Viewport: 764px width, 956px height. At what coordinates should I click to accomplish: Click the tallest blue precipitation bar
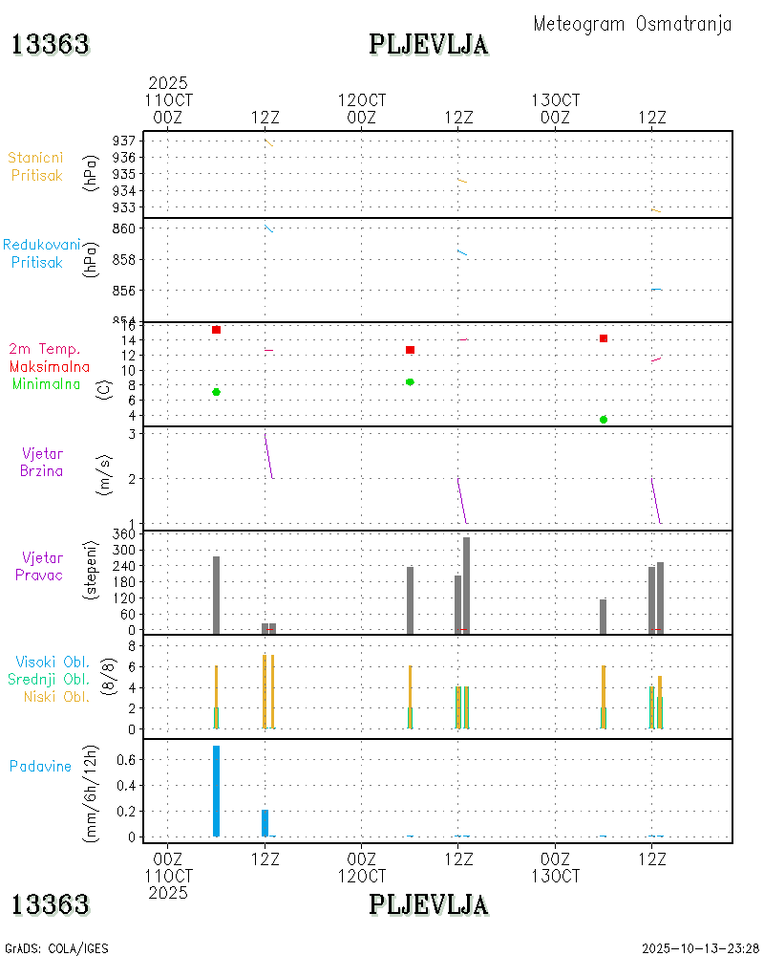click(217, 791)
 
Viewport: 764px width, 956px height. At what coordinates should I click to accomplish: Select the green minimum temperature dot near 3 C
click(604, 420)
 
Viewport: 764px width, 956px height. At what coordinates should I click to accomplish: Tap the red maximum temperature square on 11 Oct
click(217, 330)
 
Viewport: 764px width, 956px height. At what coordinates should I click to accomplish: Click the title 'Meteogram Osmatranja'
click(632, 25)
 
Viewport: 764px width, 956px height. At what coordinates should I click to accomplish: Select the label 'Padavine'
click(40, 766)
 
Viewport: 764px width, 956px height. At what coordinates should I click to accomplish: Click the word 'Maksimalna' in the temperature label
click(50, 366)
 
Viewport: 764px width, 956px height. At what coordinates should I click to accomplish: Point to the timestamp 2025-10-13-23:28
click(700, 948)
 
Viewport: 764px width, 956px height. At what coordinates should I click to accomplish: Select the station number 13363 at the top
click(51, 44)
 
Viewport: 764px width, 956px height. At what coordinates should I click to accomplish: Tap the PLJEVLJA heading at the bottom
click(429, 904)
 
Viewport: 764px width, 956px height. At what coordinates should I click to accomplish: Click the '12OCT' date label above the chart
click(362, 99)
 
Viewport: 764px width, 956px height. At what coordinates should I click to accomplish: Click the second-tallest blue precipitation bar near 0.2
click(265, 823)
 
